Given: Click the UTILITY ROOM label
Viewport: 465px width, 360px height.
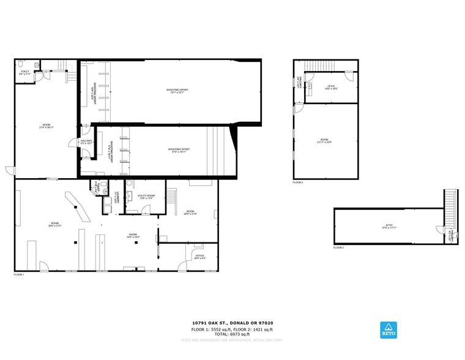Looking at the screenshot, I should coord(146,197).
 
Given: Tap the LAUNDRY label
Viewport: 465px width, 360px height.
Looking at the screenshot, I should coord(114,198).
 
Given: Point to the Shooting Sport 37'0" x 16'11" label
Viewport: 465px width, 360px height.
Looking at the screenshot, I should coord(179,150).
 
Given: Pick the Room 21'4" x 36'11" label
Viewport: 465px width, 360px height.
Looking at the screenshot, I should coord(47,126).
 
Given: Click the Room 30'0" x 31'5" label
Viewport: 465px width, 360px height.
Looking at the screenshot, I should coord(54,223).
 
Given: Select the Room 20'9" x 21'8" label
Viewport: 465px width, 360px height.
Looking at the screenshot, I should coord(190,212).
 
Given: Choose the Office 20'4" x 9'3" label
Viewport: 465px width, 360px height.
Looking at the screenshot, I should coord(199,257).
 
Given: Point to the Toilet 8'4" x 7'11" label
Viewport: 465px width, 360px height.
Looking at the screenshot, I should coord(25,73).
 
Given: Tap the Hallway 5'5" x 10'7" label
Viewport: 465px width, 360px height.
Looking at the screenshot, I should coord(86,142).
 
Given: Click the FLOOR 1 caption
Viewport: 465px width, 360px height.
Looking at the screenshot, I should coord(19,275).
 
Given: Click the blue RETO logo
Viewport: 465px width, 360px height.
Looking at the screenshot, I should coord(387,329).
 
